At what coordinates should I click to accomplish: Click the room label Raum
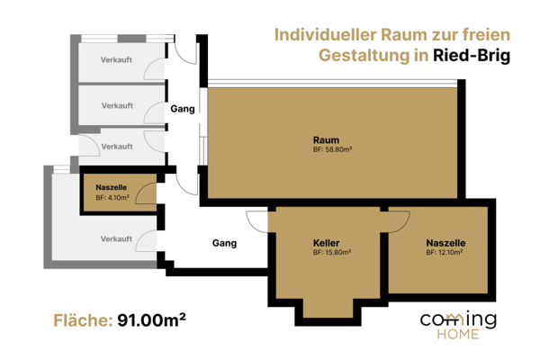[x=326, y=139]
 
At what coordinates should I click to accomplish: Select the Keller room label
[x=326, y=243]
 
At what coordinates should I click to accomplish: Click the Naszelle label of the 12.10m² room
[x=445, y=243]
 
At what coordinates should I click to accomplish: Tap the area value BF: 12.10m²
[x=445, y=253]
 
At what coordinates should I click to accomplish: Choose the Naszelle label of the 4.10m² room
[x=112, y=186]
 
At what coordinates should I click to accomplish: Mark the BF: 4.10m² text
[x=112, y=196]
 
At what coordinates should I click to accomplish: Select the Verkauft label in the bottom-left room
[x=117, y=238]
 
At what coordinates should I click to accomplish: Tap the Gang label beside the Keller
[x=224, y=243]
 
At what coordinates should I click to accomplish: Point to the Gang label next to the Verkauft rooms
[x=183, y=109]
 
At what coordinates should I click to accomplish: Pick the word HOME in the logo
[x=458, y=335]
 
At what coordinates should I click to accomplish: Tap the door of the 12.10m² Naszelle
[x=399, y=218]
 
